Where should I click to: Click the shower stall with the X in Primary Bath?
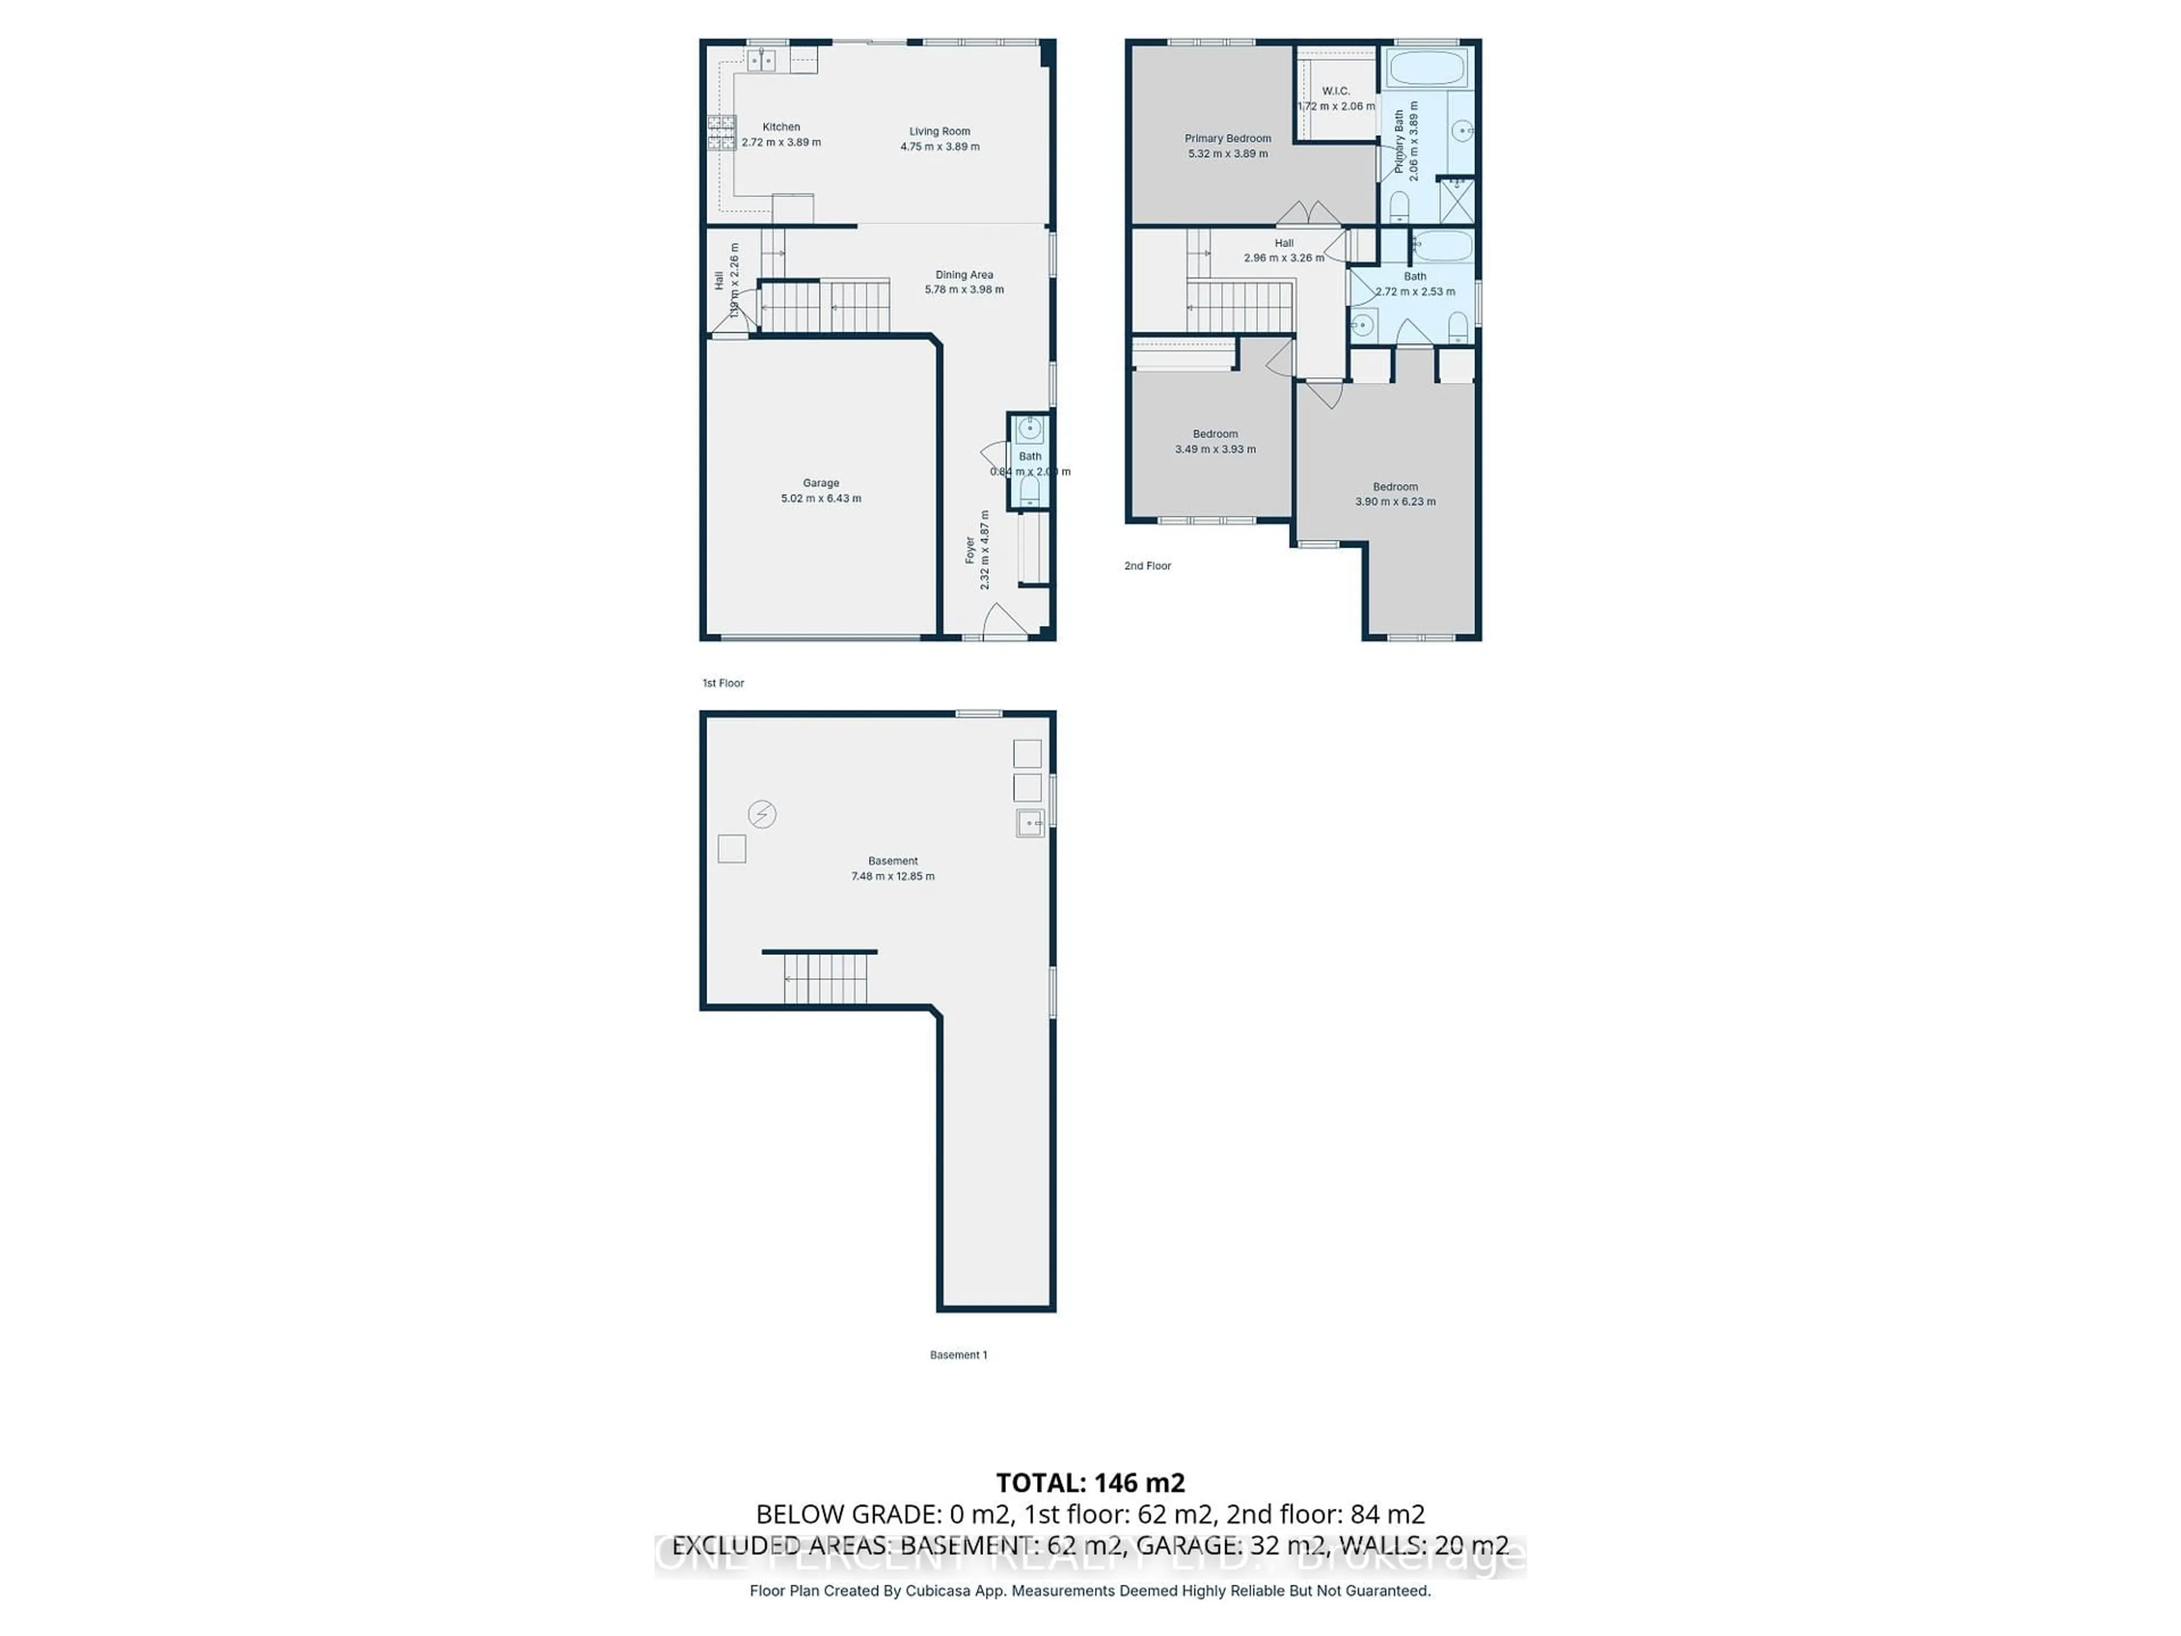1456,200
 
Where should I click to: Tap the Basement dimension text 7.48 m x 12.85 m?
892,877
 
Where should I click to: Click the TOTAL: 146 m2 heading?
1089,1482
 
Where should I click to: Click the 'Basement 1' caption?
958,1355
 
